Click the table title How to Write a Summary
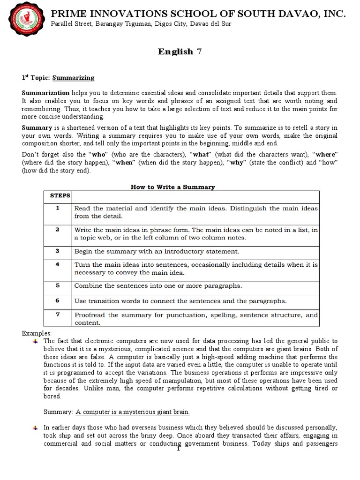tap(172, 187)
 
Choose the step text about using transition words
tap(187, 300)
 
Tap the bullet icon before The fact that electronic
tap(36, 340)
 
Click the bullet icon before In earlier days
tap(36, 427)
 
